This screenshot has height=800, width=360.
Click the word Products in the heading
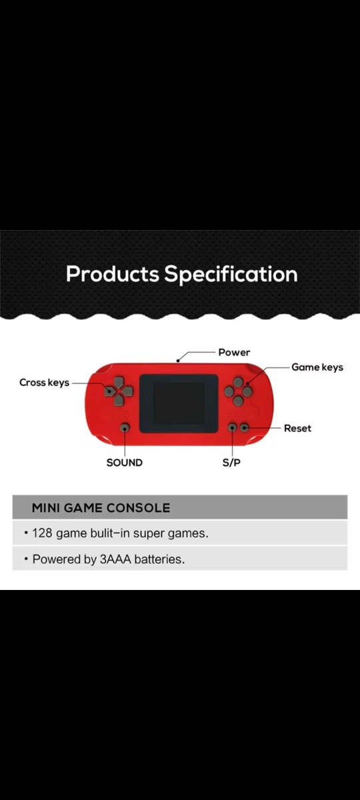pos(113,274)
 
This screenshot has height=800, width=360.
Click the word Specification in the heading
pos(231,275)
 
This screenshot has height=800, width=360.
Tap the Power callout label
pos(234,353)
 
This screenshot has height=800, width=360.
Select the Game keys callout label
pos(317,367)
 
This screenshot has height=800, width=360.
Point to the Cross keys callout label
pos(44,383)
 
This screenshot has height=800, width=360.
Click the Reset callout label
pos(297,428)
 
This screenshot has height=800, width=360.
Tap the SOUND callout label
pos(124,463)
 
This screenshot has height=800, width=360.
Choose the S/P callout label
pos(231,463)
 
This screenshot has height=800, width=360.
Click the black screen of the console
pos(179,403)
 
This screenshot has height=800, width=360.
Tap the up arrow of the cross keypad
pos(119,382)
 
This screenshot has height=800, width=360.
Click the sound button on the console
pos(125,427)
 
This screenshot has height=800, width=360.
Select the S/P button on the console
pos(232,427)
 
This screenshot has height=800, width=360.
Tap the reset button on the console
pos(244,427)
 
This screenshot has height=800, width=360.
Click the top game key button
pos(238,382)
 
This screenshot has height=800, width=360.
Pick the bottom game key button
pos(238,401)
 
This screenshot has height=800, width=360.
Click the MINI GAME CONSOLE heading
pos(101,508)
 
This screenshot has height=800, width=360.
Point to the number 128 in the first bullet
pos(42,533)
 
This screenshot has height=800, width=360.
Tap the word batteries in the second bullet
pos(159,559)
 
